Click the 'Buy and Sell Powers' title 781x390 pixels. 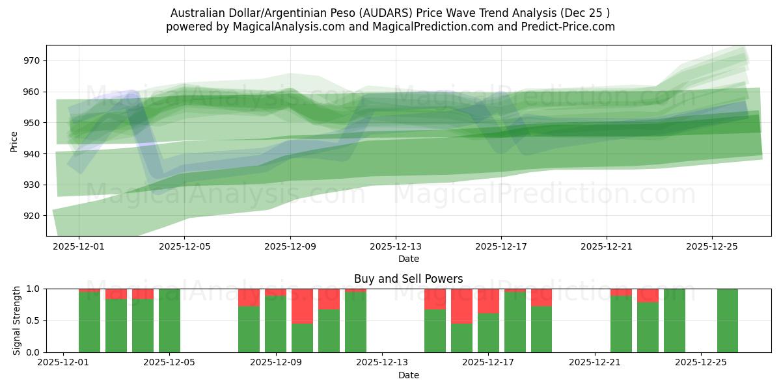409,279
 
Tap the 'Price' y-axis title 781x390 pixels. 14,141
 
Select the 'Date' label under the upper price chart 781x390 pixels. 409,259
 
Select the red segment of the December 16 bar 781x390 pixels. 461,306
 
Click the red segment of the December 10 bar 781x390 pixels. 302,306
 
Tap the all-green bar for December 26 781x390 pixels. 728,320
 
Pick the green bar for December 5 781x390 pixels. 169,320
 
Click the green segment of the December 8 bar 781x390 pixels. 249,330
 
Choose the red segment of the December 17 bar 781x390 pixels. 488,301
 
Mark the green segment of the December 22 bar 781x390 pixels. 621,324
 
